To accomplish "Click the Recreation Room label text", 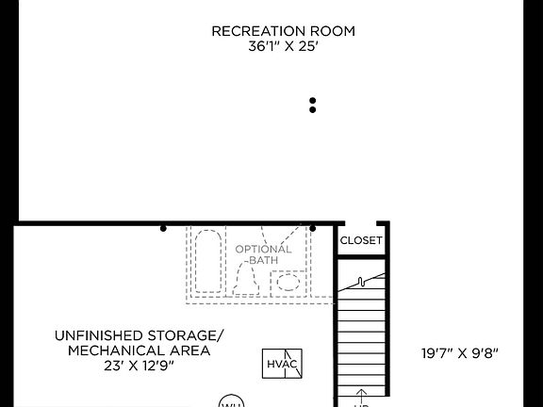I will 283,31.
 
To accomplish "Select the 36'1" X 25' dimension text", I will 283,46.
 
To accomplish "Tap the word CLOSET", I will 361,240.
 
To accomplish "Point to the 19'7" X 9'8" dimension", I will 459,354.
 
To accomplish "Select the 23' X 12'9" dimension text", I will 139,366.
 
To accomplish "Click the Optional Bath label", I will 263,255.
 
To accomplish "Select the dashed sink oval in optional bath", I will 288,281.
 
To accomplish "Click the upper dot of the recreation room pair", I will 313,100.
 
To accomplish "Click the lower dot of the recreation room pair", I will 313,110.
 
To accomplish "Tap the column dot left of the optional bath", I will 163,228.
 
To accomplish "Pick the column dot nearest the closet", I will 313,228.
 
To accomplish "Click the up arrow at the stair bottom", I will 361,397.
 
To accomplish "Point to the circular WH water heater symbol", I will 231,402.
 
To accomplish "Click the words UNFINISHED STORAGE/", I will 139,335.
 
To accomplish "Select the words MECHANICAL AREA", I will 139,350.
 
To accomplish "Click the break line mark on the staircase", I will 363,281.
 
